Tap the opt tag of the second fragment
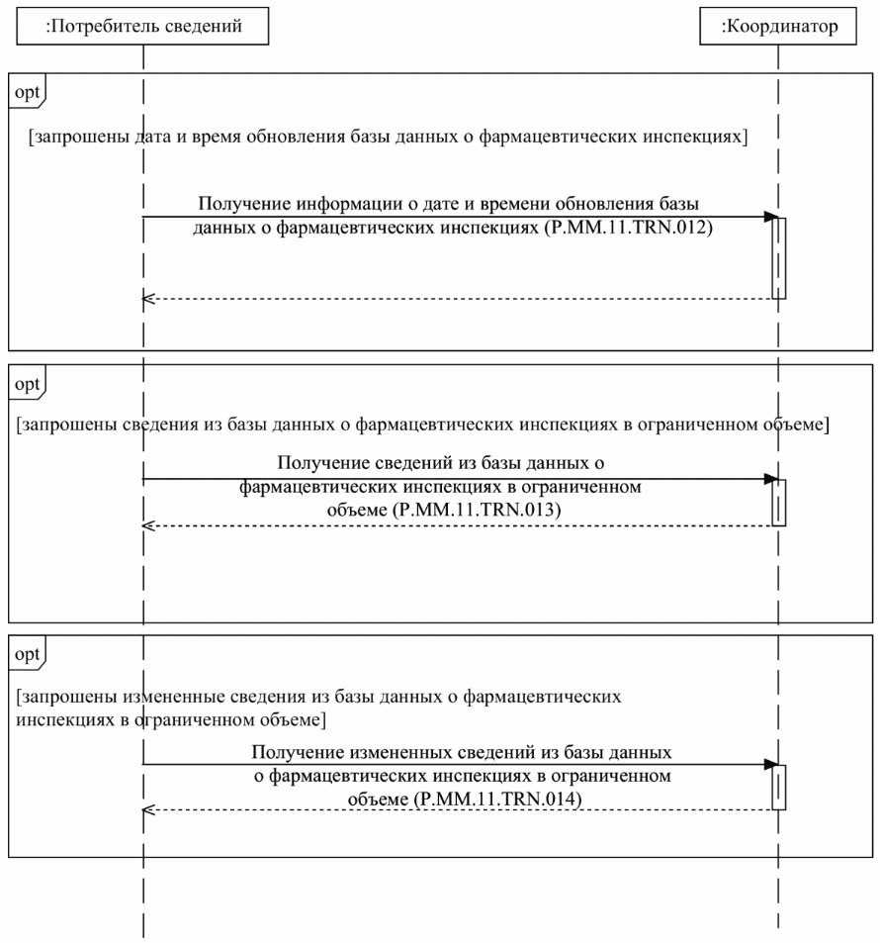pos(27,379)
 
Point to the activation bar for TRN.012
pos(779,257)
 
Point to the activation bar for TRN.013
pos(779,502)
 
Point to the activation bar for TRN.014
pos(779,787)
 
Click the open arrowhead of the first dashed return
pos(149,298)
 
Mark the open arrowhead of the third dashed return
pos(149,809)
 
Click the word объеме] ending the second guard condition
pos(797,424)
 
